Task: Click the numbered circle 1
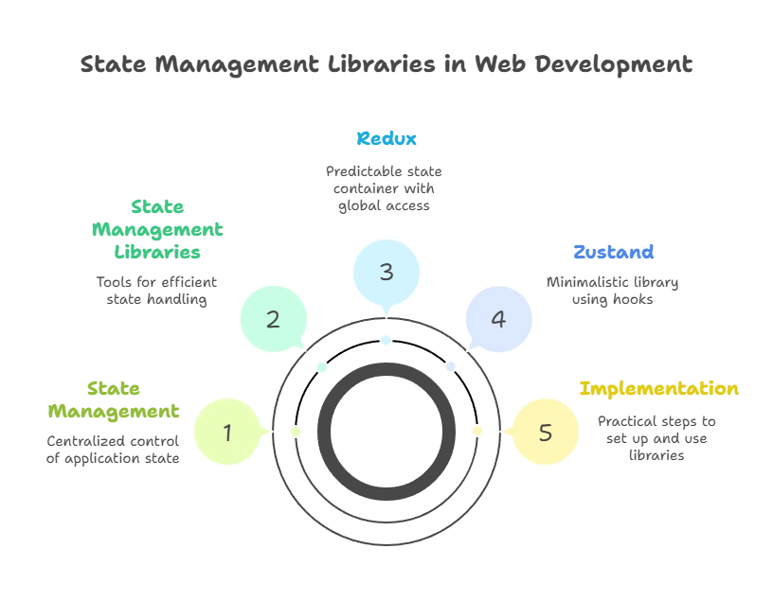[227, 433]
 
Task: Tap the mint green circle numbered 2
[273, 319]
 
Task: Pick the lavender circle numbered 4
[498, 319]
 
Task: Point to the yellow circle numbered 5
[545, 433]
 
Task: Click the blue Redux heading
[386, 139]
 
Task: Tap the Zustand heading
[614, 253]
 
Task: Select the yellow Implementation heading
[660, 389]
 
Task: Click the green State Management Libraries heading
[157, 230]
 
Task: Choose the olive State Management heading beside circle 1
[114, 400]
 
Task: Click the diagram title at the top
[386, 64]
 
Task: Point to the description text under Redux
[386, 186]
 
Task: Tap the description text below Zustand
[614, 291]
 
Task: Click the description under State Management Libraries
[157, 291]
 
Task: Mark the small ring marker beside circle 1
[296, 432]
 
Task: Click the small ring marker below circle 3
[386, 340]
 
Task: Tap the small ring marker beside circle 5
[477, 432]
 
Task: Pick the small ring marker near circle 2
[322, 366]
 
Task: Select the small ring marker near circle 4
[451, 366]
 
